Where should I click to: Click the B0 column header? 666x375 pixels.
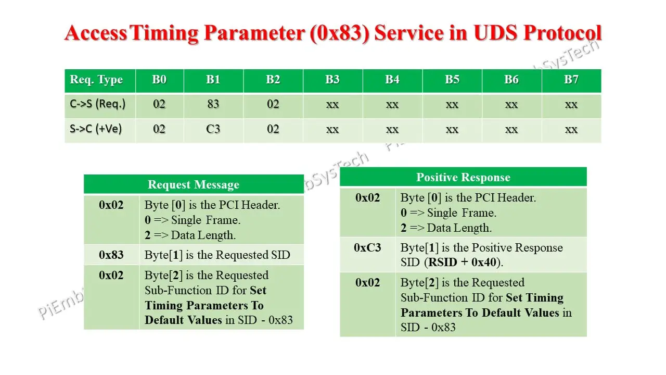(159, 80)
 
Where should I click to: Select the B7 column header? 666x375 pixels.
(571, 80)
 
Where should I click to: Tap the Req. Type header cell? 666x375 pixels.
(97, 80)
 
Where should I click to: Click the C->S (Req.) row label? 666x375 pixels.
(98, 104)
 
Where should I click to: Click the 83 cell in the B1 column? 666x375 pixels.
(213, 104)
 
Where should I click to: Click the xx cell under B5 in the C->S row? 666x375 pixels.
(452, 104)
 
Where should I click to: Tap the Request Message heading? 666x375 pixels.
(194, 185)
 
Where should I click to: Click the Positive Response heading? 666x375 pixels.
(463, 178)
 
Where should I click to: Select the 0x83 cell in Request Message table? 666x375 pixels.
(111, 255)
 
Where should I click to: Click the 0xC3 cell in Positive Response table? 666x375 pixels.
(367, 248)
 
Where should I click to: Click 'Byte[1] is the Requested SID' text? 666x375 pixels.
(217, 255)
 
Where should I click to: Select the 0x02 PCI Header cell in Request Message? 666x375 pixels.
(111, 205)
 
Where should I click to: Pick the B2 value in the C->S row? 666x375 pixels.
(273, 104)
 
